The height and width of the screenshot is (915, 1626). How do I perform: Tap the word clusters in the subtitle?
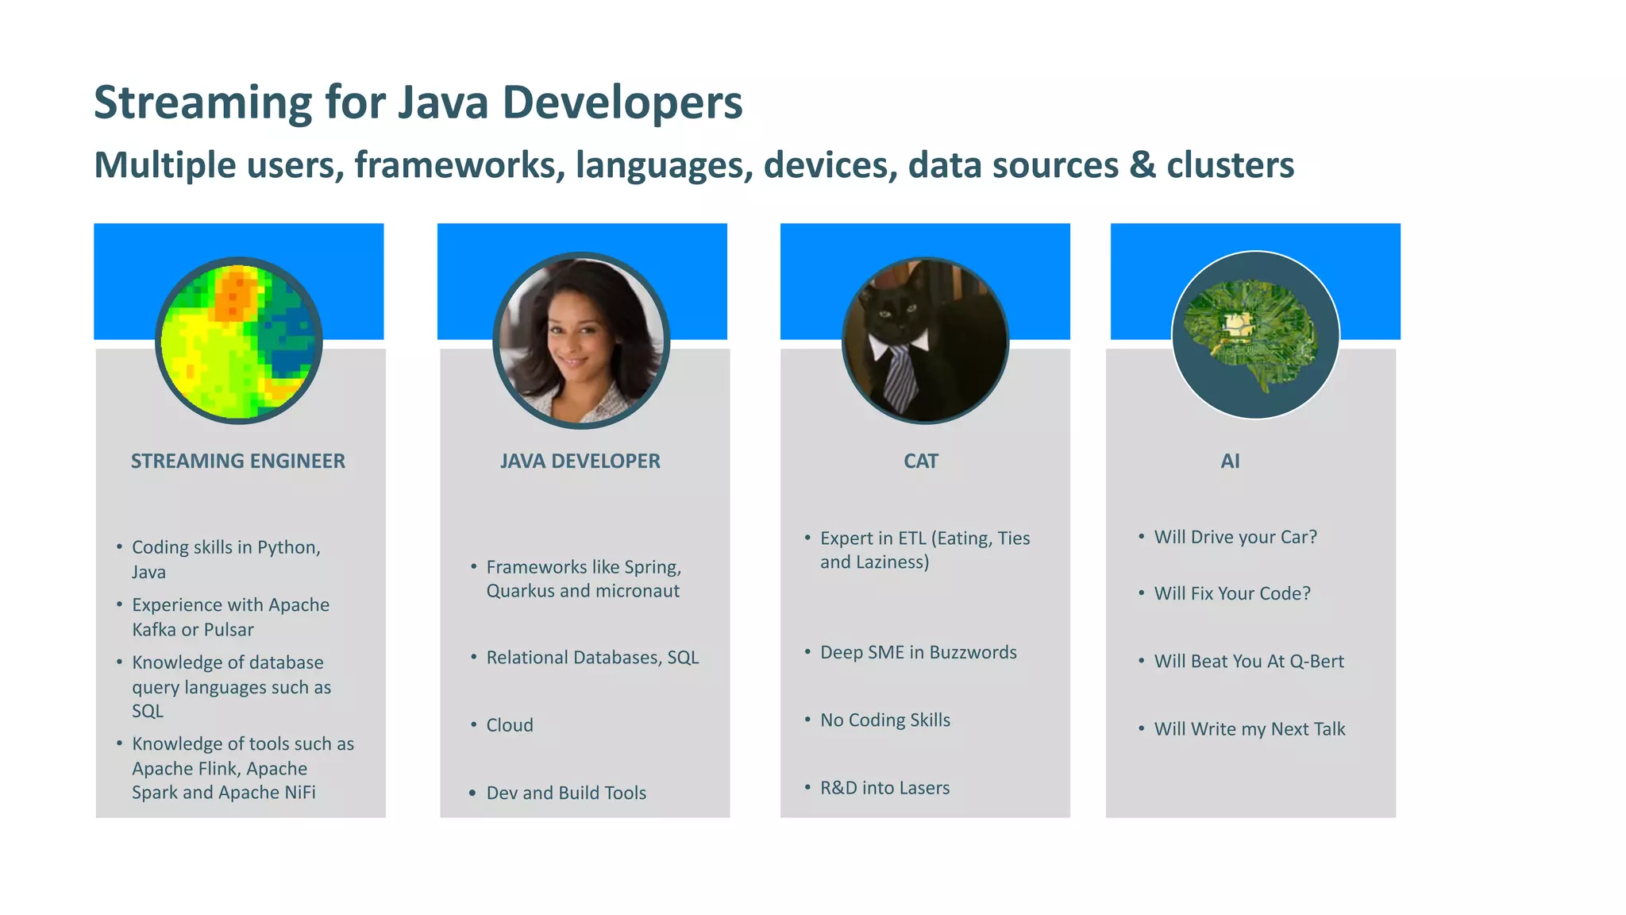click(x=1230, y=165)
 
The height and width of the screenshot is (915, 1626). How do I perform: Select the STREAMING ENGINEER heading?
click(x=237, y=461)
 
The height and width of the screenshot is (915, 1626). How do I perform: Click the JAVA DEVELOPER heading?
click(x=580, y=461)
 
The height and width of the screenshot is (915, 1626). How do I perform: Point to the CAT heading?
click(x=920, y=461)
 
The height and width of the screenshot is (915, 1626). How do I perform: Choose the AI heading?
click(x=1230, y=461)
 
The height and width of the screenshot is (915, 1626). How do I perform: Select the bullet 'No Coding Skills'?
click(x=884, y=720)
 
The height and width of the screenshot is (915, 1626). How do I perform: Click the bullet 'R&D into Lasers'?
click(x=884, y=788)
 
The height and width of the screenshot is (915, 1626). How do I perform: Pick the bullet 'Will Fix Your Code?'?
click(x=1232, y=593)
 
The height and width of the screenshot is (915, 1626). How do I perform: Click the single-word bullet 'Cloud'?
click(x=510, y=725)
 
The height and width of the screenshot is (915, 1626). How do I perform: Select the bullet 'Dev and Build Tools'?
click(x=566, y=793)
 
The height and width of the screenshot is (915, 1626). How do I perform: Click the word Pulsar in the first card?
click(x=229, y=630)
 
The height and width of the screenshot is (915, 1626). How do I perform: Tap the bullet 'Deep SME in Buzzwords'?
click(x=918, y=653)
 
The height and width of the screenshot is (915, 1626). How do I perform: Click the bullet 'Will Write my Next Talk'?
click(x=1249, y=729)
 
